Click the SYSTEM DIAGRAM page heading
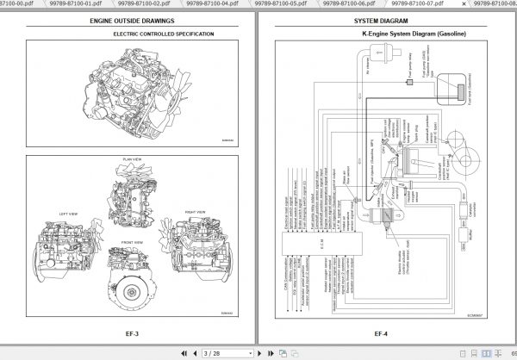pyautogui.click(x=383, y=20)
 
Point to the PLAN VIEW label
pyautogui.click(x=132, y=159)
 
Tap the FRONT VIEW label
pyautogui.click(x=132, y=243)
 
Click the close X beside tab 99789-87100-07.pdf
pyautogui.click(x=453, y=4)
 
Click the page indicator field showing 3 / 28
pyautogui.click(x=213, y=353)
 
